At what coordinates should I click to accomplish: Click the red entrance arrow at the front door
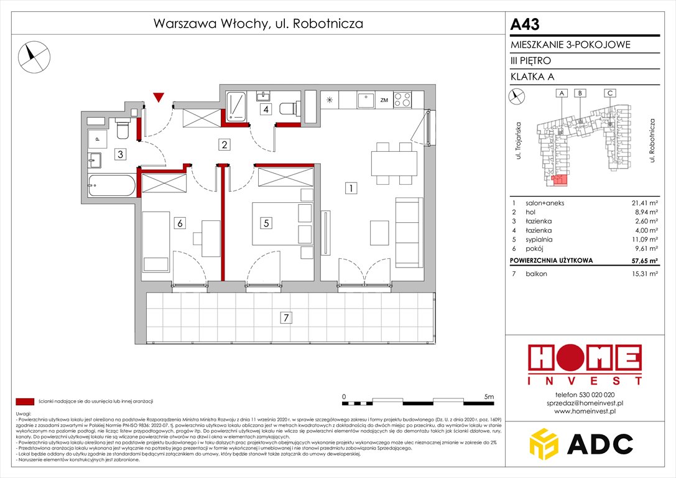point(159,96)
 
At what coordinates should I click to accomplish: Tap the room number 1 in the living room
point(351,187)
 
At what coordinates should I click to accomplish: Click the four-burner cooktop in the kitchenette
point(402,100)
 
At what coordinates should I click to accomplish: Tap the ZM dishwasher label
point(384,100)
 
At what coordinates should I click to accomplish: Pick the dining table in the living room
point(393,163)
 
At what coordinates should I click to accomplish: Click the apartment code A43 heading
point(524,24)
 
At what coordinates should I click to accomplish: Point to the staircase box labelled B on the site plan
point(580,93)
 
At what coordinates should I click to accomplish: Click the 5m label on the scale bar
point(489,396)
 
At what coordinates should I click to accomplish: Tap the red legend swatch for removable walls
point(25,401)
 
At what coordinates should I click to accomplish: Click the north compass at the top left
point(34,55)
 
